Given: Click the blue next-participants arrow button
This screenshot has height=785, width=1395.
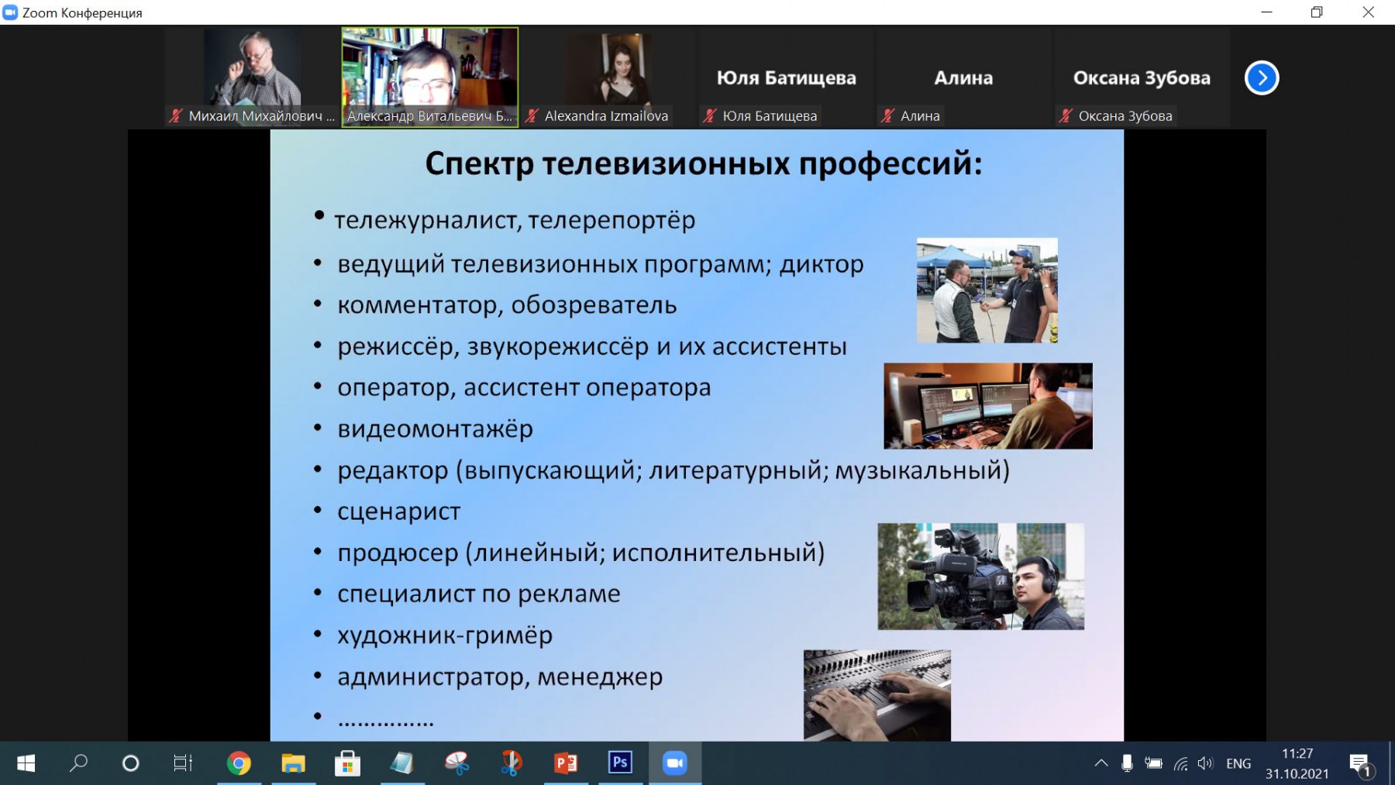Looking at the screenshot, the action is (1262, 77).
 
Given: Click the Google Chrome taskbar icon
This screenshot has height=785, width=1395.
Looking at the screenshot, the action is (239, 763).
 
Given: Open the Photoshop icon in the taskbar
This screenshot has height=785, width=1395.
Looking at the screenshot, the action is (620, 763).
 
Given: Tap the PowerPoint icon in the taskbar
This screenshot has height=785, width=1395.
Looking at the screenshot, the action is (566, 763).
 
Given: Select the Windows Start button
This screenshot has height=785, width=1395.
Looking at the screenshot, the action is (26, 763).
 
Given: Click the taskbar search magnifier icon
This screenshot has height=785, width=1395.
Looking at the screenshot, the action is (78, 763).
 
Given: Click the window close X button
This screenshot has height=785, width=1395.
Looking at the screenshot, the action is (1369, 12).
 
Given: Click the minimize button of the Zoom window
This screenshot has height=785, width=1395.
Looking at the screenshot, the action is (1267, 12).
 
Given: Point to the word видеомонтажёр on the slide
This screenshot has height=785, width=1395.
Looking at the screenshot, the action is (435, 429).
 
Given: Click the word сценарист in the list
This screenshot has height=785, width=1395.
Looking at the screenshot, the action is (398, 512).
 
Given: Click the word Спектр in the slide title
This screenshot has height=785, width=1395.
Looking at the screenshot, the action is (480, 164).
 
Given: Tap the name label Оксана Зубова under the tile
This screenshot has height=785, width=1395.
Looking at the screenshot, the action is (1125, 116).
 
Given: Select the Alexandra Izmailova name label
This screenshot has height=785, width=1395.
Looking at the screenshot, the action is (606, 116).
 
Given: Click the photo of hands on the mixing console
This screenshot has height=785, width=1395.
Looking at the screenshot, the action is (877, 695).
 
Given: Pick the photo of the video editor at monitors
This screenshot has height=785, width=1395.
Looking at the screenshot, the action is (988, 406).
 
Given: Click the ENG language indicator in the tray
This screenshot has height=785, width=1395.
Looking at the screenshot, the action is (1238, 764).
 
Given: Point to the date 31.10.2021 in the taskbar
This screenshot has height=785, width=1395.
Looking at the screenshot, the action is (1297, 773).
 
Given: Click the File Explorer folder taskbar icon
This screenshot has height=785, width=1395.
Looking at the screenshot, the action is (293, 763).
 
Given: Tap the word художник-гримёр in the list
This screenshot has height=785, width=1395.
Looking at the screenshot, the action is (445, 635).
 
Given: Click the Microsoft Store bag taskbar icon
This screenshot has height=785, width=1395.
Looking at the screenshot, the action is (347, 763).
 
